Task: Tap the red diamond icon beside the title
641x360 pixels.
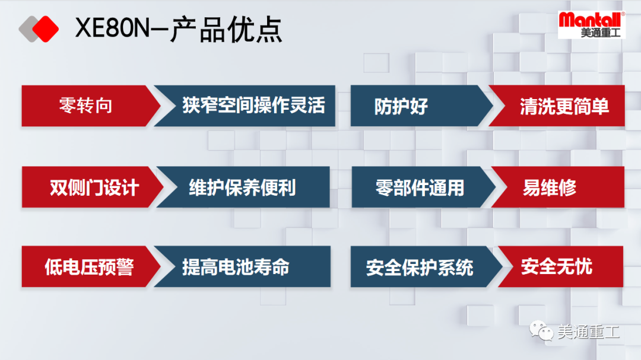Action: pyautogui.click(x=45, y=28)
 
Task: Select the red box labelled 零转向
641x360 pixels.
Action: pyautogui.click(x=86, y=106)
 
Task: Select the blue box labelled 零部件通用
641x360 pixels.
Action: pyautogui.click(x=419, y=187)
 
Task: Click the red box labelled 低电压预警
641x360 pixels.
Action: pyautogui.click(x=89, y=267)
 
